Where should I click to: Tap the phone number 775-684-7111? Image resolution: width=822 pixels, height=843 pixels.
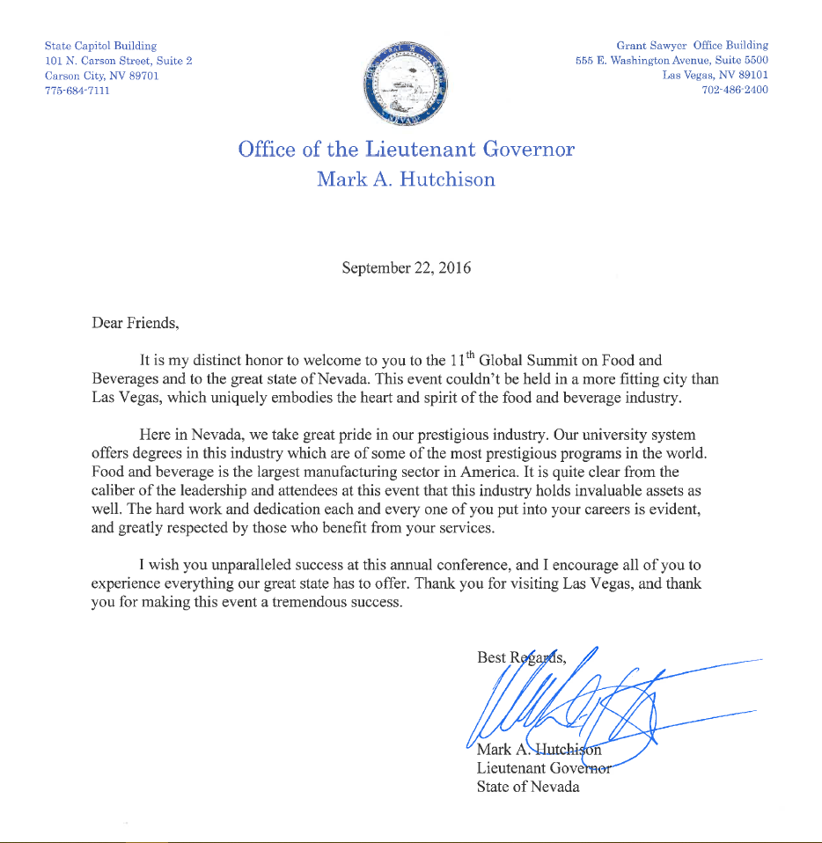click(77, 92)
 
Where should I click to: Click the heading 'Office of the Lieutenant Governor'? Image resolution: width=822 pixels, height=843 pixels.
click(406, 149)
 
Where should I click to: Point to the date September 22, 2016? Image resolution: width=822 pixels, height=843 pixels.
click(406, 268)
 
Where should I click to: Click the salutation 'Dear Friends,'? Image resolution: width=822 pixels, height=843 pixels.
click(136, 322)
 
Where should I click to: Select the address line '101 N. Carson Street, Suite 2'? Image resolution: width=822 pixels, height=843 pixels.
click(119, 61)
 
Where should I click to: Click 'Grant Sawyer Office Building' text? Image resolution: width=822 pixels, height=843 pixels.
click(692, 45)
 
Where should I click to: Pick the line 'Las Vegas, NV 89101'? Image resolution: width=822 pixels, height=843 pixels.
click(715, 75)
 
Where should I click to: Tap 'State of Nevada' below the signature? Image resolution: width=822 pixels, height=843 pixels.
click(528, 787)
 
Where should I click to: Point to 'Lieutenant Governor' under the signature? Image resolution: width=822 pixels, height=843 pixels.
click(544, 768)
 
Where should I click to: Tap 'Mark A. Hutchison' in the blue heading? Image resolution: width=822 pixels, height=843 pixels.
click(406, 180)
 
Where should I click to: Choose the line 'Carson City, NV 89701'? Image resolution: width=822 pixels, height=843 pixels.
click(102, 76)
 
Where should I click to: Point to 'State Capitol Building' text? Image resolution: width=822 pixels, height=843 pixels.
click(100, 45)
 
